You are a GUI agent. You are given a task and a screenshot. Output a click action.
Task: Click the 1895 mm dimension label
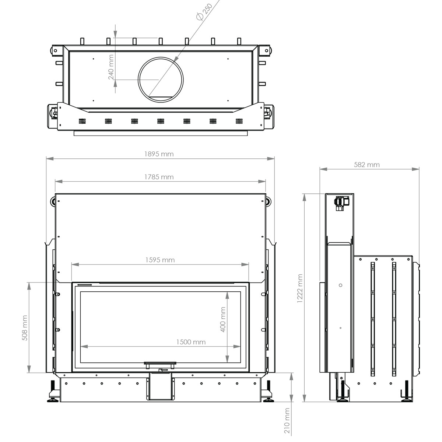point(159,154)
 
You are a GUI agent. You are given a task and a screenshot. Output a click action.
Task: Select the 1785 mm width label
point(159,177)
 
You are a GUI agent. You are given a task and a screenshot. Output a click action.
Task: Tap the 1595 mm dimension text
point(160,260)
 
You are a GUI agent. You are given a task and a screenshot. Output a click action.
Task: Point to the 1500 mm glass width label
point(190,342)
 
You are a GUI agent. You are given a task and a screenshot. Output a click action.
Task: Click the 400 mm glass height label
point(223,319)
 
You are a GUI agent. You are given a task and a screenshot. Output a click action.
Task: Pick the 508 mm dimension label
point(25,328)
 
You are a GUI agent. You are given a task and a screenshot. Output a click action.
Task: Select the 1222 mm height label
point(300,288)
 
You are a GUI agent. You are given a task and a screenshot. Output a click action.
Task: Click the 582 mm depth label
point(366,165)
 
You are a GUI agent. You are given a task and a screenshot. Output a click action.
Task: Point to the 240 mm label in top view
point(111,67)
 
